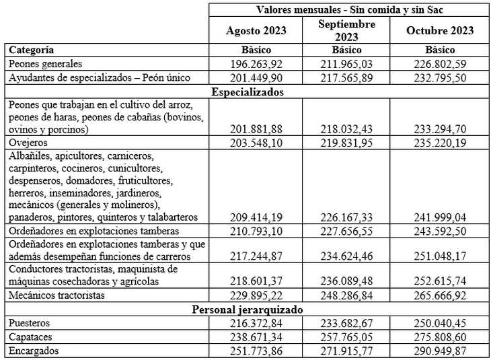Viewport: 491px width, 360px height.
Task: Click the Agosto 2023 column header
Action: pyautogui.click(x=256, y=30)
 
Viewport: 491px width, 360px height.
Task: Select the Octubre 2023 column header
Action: pyautogui.click(x=440, y=30)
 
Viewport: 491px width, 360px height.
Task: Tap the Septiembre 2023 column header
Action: pyautogui.click(x=346, y=30)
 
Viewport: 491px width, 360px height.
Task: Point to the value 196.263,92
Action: pyautogui.click(x=256, y=64)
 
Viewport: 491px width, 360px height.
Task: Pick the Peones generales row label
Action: pyautogui.click(x=46, y=64)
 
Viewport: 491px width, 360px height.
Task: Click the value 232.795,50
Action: pyautogui.click(x=440, y=78)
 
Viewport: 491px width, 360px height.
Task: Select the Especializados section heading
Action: pyautogui.click(x=247, y=92)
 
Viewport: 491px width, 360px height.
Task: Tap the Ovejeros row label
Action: pyautogui.click(x=28, y=143)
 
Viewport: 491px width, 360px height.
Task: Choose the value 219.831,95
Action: pyautogui.click(x=346, y=143)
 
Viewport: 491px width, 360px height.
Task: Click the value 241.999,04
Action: pyautogui.click(x=440, y=217)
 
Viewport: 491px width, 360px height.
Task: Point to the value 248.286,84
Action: pyautogui.click(x=346, y=295)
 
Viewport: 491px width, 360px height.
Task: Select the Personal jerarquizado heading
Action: pyautogui.click(x=247, y=310)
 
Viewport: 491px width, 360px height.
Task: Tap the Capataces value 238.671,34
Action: pyautogui.click(x=256, y=337)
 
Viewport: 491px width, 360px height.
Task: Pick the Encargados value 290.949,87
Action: pyautogui.click(x=440, y=351)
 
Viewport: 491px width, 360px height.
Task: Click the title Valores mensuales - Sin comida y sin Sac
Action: pyautogui.click(x=348, y=9)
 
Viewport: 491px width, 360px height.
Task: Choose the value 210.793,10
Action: pyautogui.click(x=256, y=231)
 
